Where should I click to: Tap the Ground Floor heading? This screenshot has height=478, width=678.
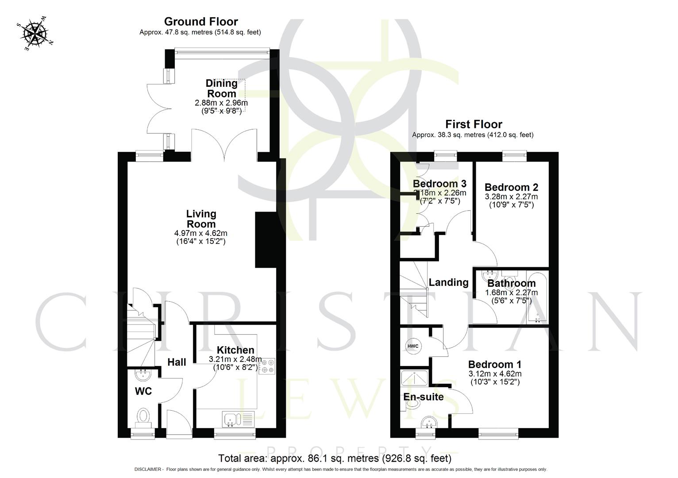201,22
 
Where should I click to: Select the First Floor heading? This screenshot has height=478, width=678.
474,124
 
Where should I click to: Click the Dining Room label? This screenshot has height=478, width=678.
222,89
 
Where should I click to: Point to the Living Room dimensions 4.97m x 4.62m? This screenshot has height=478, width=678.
201,233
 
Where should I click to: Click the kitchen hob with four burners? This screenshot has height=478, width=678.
267,366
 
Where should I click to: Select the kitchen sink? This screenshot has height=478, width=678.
232,419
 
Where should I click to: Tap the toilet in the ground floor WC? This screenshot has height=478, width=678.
143,417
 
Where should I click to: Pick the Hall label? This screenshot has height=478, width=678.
177,362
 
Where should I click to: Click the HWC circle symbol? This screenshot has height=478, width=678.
413,346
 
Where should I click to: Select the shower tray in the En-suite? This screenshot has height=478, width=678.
414,378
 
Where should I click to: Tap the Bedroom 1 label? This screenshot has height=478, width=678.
494,365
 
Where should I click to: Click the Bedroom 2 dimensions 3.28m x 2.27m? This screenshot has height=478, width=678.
511,197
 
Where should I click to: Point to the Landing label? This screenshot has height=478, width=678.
448,282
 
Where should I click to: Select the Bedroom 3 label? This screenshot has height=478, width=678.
439,184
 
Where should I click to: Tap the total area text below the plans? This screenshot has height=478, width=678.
335,458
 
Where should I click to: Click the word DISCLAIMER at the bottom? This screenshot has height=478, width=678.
148,470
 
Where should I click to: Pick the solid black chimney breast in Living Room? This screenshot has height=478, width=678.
266,240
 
